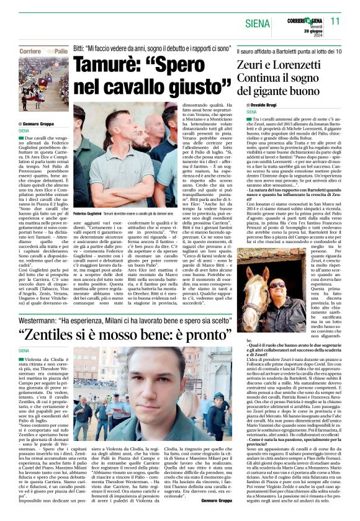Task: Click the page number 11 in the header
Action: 335,20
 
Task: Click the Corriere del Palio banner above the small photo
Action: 43,51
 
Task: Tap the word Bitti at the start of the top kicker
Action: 79,48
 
